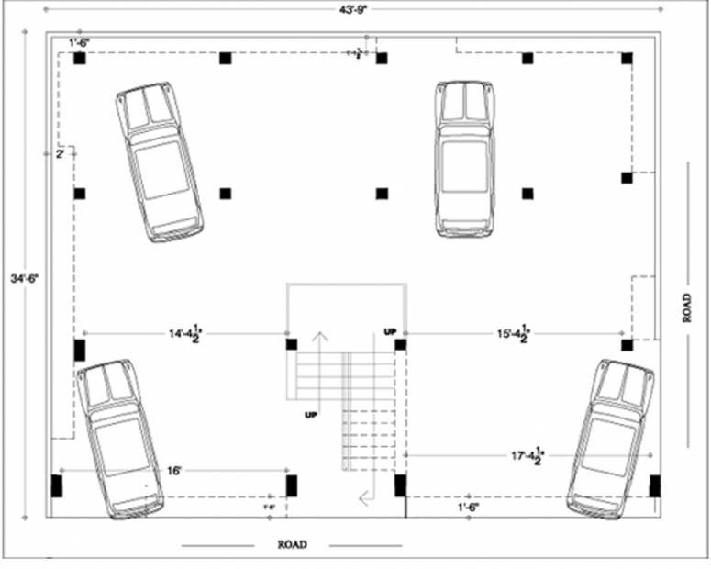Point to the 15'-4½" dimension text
(512, 334)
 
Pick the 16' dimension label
(174, 471)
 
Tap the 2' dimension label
(61, 154)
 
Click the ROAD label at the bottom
(292, 545)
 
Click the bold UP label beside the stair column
(390, 331)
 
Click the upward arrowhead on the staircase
(319, 336)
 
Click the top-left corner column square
(80, 59)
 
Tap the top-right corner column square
(627, 59)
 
